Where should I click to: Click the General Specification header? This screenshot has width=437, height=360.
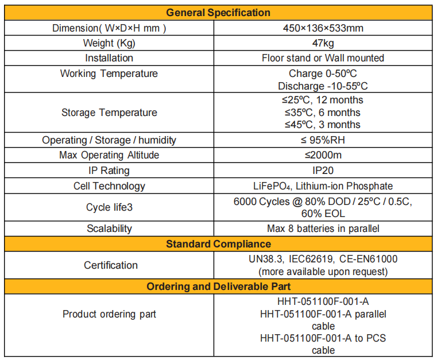pos(218,12)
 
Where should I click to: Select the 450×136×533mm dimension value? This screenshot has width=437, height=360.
pos(323,28)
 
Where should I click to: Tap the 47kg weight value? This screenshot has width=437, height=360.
pos(323,43)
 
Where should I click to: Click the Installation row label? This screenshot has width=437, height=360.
pos(109,58)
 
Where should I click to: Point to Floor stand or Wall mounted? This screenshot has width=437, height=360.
pos(323,58)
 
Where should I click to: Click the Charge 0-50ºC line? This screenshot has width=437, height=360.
pos(323,73)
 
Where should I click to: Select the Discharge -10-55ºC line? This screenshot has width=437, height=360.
pos(323,86)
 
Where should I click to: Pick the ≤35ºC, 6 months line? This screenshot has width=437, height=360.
pos(323,112)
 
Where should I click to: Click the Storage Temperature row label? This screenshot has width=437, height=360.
pos(109,112)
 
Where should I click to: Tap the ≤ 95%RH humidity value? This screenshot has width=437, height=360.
pos(323,140)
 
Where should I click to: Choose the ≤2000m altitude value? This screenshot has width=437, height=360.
pos(323,155)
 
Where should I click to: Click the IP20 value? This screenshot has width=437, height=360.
pos(323,171)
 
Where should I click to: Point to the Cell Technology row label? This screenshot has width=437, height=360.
pos(109,186)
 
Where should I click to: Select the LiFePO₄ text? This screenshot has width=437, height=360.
pos(269,186)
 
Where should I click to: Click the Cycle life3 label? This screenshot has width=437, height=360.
pos(109,207)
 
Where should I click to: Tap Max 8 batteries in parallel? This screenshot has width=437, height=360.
pos(323,229)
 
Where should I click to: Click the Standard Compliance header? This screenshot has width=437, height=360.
pos(218,244)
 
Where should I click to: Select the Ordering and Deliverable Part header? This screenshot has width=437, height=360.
pos(218,287)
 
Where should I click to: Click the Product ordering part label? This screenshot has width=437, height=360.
pos(109,314)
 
